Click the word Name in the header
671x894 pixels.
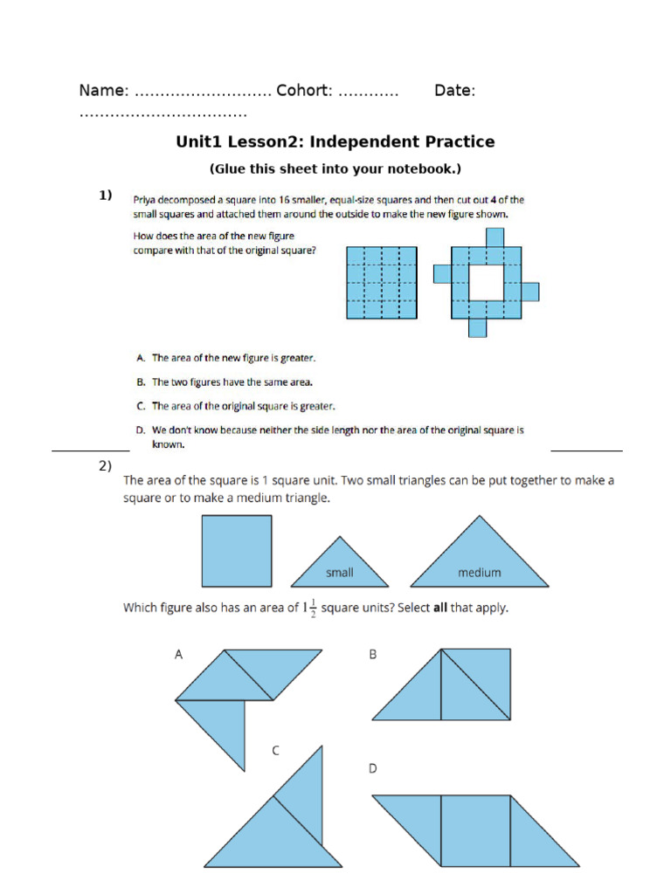tap(103, 91)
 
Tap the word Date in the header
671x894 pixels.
tap(453, 91)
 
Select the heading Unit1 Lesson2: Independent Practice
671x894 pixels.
tap(335, 141)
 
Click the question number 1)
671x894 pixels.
tap(106, 196)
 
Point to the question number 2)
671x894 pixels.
tap(106, 466)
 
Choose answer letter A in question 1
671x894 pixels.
tap(140, 358)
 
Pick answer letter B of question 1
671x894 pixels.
tap(140, 382)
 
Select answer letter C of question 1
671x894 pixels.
tap(140, 406)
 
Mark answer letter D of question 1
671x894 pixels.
tap(140, 430)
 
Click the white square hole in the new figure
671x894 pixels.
tap(486, 282)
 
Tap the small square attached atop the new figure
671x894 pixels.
tap(495, 237)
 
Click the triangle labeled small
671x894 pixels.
tap(340, 566)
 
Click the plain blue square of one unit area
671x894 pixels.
tap(237, 551)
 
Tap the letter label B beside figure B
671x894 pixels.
tap(373, 654)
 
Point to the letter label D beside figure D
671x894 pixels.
tap(373, 768)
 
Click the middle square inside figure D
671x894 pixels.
tap(475, 830)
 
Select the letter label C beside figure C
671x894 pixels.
tap(275, 750)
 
